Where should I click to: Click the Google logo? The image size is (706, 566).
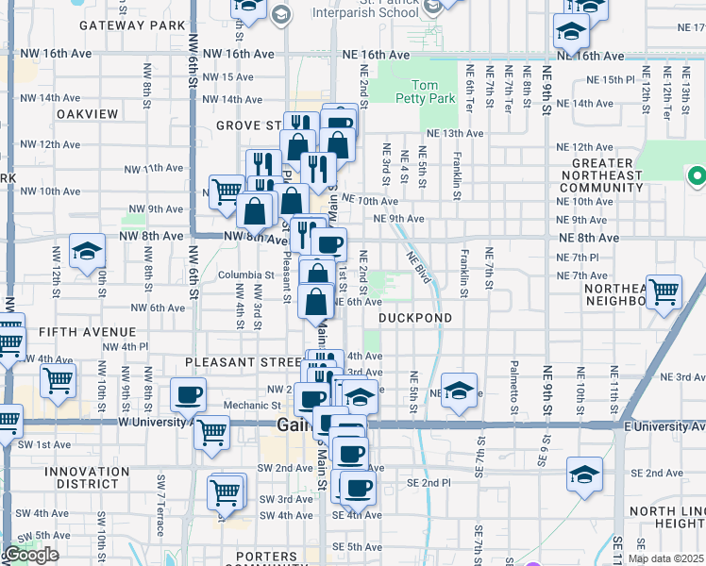click(31, 555)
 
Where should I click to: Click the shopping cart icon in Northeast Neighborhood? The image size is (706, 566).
click(664, 291)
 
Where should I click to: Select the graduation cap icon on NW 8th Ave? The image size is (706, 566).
click(87, 252)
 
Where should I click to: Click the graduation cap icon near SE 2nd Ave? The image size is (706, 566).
click(585, 474)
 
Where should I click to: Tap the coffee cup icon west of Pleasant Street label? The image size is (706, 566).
click(187, 395)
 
